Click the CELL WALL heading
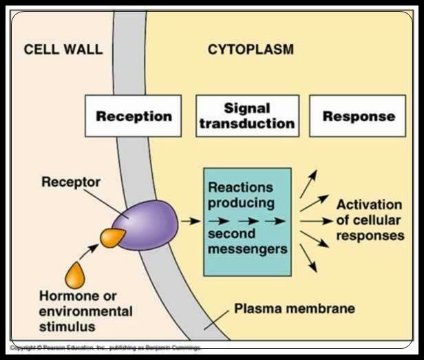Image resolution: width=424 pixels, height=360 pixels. (63, 50)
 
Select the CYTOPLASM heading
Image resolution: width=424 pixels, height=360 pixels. (251, 50)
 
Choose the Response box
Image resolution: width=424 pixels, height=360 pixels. (359, 115)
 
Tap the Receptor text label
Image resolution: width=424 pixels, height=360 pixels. (71, 182)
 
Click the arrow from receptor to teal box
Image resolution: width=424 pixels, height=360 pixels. (189, 222)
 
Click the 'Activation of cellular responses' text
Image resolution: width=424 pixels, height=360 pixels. (370, 220)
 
